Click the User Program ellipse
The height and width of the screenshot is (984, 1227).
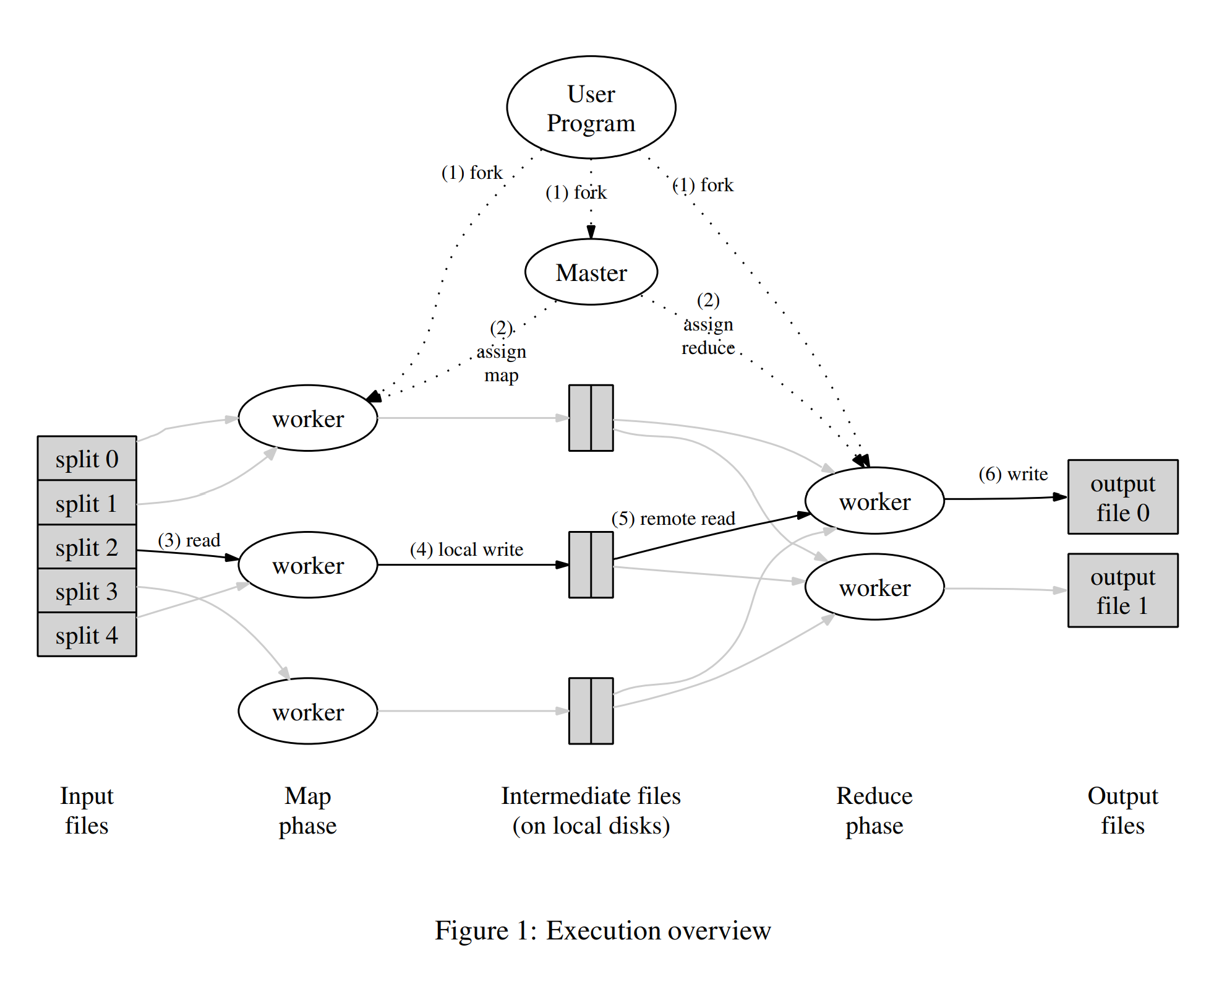[591, 108]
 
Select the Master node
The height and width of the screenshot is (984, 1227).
[591, 272]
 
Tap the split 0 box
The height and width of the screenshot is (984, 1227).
[87, 459]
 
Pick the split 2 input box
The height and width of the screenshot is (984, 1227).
[87, 547]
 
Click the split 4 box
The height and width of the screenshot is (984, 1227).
[87, 635]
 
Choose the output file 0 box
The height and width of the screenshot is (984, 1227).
[1122, 497]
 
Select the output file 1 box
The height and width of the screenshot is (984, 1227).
[1122, 590]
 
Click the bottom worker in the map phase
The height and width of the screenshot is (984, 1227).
[307, 711]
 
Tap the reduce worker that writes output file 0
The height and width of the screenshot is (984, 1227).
[874, 501]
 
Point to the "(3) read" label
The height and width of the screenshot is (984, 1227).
[189, 540]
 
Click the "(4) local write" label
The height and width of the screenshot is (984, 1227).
[466, 550]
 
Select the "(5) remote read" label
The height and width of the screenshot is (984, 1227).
[673, 519]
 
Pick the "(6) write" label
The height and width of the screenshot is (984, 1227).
[1012, 474]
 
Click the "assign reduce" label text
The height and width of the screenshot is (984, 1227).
[708, 336]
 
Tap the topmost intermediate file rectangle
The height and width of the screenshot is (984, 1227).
[591, 418]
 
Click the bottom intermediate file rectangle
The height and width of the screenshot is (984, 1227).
[591, 710]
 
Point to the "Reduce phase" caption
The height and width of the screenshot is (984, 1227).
[874, 810]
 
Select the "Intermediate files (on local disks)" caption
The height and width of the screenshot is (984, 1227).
[591, 810]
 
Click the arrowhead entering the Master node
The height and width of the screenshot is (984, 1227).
[591, 233]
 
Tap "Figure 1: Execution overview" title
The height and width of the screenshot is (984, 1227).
[602, 930]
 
